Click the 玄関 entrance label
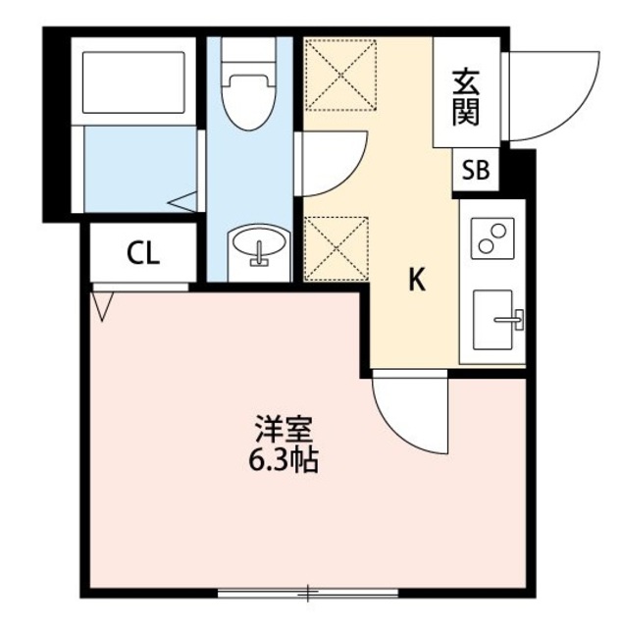tap(465, 96)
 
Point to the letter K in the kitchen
tap(417, 281)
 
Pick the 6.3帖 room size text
tap(283, 458)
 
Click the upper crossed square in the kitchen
tap(340, 73)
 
